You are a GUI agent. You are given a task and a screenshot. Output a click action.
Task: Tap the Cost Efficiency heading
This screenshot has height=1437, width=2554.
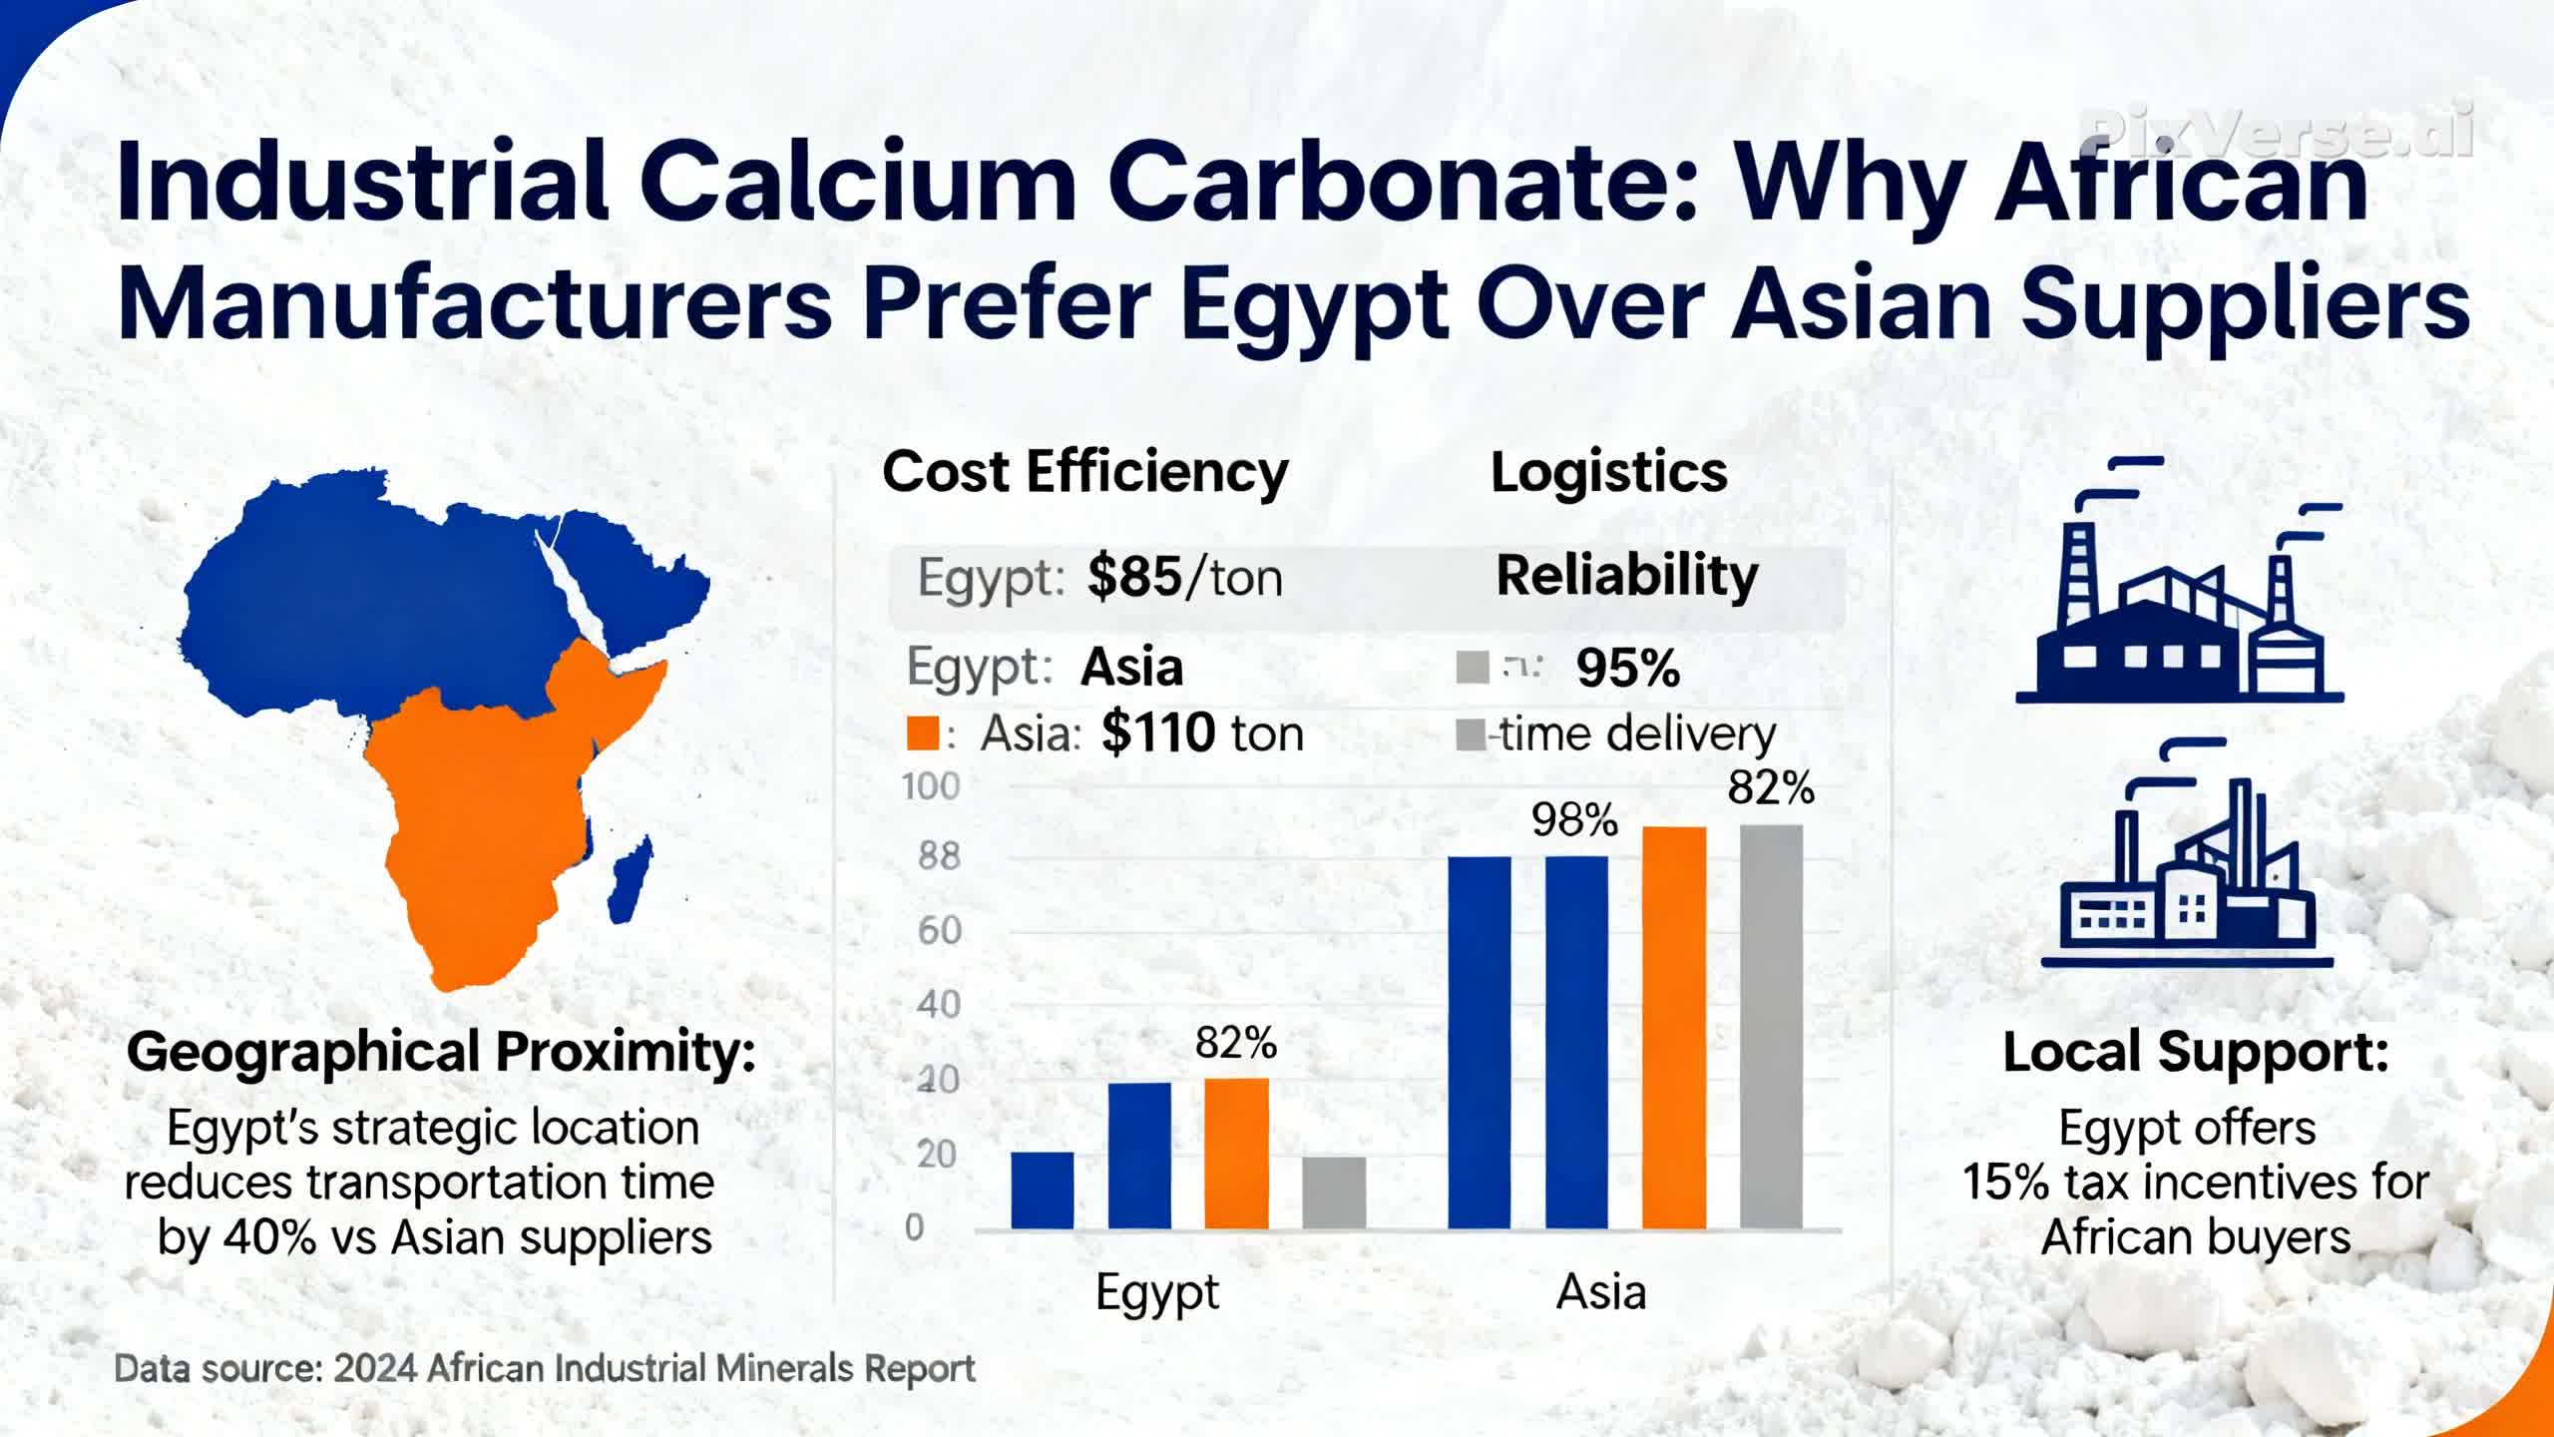(x=1085, y=473)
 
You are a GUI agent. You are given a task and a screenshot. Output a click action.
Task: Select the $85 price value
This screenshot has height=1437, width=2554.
(x=1134, y=578)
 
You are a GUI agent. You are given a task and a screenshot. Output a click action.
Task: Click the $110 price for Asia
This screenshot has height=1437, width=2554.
(x=1157, y=733)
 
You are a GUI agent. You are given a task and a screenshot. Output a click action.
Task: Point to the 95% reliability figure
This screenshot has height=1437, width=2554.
(x=1628, y=669)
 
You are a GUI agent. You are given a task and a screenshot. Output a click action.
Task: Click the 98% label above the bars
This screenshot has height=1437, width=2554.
(x=1574, y=820)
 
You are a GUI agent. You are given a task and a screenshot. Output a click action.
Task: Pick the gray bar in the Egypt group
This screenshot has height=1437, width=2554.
(x=1334, y=1193)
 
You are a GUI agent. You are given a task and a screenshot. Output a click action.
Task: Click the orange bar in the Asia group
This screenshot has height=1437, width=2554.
(x=1674, y=1027)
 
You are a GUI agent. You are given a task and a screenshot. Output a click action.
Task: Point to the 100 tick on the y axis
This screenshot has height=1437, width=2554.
(x=931, y=787)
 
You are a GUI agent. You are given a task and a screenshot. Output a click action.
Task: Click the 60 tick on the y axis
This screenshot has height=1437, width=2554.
(x=939, y=931)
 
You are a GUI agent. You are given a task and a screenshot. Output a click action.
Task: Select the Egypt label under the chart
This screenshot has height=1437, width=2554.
(x=1157, y=1293)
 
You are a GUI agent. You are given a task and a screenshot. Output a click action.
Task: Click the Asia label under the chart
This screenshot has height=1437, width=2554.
(x=1601, y=1293)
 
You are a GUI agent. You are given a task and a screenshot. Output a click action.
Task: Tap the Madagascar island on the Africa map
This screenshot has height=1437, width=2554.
(x=632, y=878)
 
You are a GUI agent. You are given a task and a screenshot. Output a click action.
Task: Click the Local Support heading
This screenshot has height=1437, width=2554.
(x=2196, y=1053)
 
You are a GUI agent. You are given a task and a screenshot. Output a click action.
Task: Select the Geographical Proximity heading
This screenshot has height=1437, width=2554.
(x=441, y=1053)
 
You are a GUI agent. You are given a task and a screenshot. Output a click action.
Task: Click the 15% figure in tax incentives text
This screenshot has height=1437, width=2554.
(x=2005, y=1184)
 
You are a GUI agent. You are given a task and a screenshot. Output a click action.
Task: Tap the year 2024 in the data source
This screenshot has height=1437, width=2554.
(x=375, y=1369)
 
